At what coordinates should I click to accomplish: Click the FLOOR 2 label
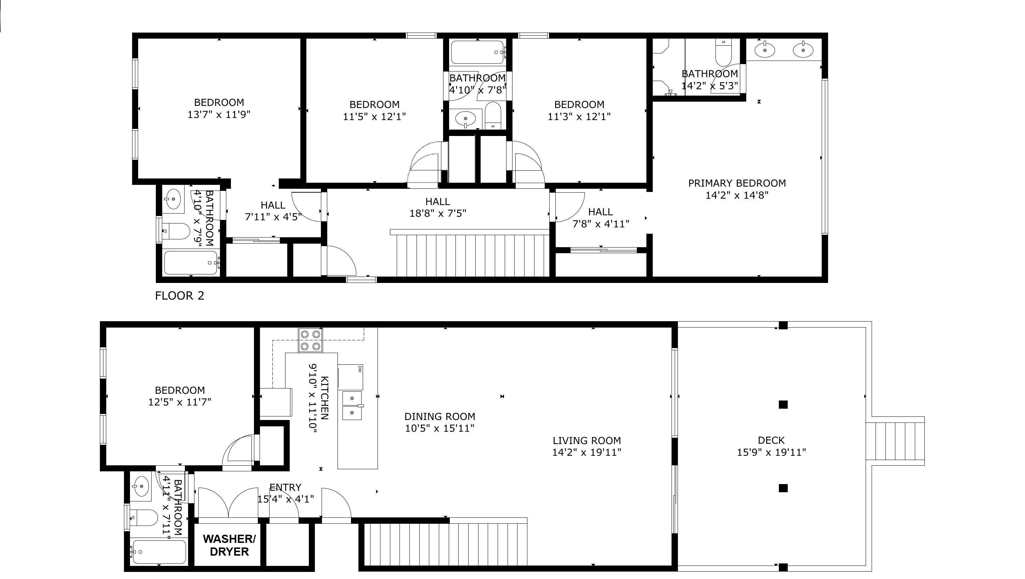click(x=180, y=296)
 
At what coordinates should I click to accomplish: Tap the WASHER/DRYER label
click(x=229, y=545)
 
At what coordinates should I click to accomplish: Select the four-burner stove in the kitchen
click(x=310, y=341)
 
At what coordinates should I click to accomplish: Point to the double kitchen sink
click(x=352, y=405)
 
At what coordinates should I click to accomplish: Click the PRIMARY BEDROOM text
click(x=737, y=183)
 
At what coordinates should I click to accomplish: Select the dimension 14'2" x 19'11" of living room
click(x=587, y=453)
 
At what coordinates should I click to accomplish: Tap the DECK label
click(x=771, y=440)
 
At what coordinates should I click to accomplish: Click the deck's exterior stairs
click(x=895, y=441)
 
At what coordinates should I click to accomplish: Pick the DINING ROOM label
click(x=440, y=417)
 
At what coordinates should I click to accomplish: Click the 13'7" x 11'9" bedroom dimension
click(x=219, y=115)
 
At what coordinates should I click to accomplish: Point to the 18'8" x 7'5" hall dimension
click(x=438, y=213)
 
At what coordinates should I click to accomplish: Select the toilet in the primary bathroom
click(x=723, y=52)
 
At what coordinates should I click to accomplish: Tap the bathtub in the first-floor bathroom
click(x=159, y=551)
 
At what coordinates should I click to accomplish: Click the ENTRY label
click(x=285, y=488)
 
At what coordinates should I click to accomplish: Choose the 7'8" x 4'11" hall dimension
click(x=601, y=224)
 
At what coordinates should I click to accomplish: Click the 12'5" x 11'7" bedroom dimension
click(x=180, y=402)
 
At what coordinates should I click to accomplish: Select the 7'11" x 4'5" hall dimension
click(x=273, y=217)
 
